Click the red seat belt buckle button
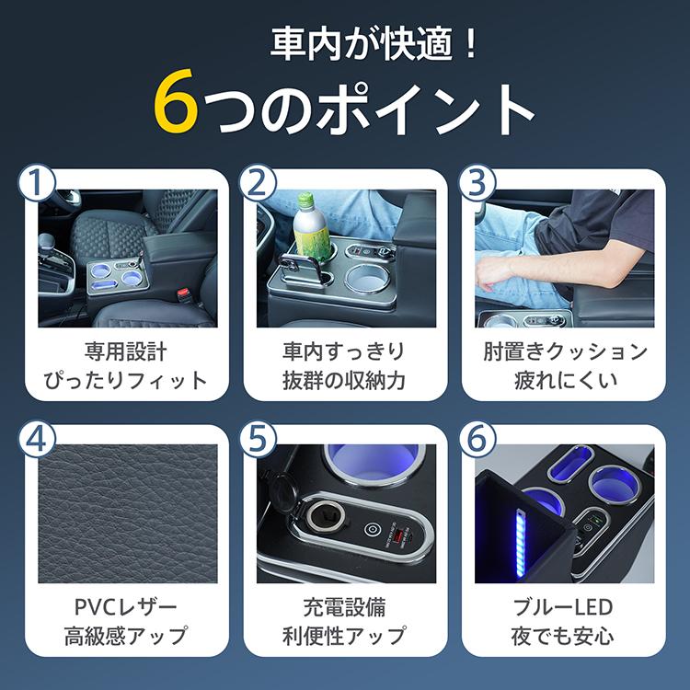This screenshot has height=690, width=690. coord(184,294)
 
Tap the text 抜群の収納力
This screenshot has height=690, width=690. coord(344,380)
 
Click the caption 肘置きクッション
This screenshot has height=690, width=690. coord(565,352)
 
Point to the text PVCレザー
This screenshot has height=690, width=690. coord(126,607)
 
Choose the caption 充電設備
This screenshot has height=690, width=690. coord(344,607)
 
